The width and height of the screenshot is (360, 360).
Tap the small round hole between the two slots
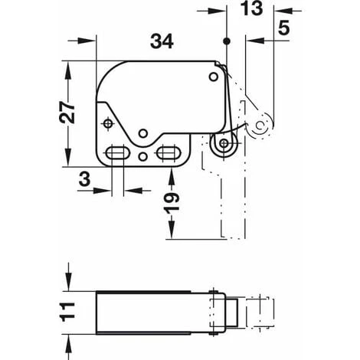143,156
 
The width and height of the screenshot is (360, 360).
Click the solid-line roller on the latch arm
223,143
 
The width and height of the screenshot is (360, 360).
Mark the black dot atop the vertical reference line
227,40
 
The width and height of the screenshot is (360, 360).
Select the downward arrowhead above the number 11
69,286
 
